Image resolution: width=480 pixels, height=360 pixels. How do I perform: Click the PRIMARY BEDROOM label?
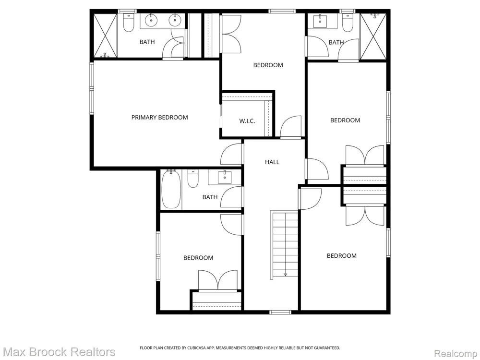[159, 117]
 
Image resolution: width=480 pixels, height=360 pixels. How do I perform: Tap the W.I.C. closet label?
[247, 121]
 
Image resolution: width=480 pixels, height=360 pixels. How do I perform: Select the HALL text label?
[272, 162]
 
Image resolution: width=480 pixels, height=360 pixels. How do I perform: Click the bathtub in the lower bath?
[171, 190]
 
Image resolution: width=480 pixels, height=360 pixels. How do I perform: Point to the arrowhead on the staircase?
[285, 274]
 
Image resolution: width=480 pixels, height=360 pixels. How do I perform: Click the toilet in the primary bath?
[129, 23]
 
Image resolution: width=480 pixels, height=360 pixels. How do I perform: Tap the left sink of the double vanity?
[151, 21]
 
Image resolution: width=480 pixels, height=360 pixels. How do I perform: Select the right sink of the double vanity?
[175, 21]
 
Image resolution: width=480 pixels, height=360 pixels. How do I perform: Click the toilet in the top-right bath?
[348, 23]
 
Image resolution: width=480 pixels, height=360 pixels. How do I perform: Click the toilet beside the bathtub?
[193, 179]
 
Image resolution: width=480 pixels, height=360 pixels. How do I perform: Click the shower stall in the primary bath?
[105, 36]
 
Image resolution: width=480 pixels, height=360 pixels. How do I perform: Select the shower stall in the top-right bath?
[373, 36]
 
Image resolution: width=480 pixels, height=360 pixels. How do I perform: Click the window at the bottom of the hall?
[280, 312]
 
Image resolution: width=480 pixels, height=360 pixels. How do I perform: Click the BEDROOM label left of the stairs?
[198, 258]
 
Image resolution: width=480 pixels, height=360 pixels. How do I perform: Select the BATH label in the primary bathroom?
[147, 42]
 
